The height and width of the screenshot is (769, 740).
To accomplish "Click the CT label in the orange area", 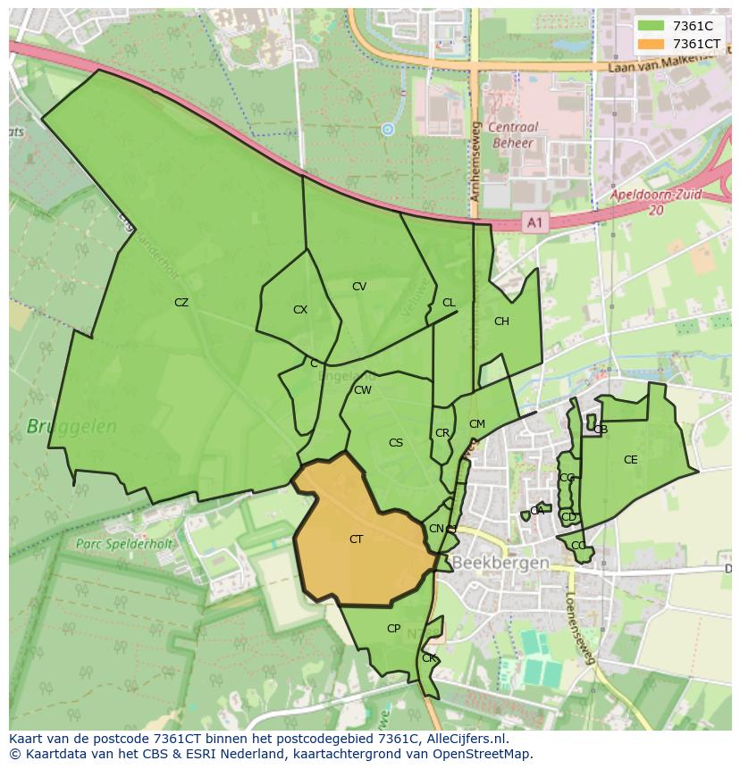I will click(x=356, y=539).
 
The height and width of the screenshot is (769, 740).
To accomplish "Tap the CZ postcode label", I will click(x=181, y=303).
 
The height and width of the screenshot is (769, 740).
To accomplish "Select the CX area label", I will click(x=300, y=310).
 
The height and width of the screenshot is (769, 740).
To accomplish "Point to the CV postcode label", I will click(x=359, y=287).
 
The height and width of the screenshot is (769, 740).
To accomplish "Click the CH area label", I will click(x=501, y=322).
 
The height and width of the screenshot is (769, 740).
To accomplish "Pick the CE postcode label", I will click(x=631, y=460).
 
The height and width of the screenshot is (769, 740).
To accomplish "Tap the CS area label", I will click(x=396, y=443).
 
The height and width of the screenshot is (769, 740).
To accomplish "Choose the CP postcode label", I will click(x=393, y=629).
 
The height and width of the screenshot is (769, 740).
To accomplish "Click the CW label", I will click(x=363, y=390).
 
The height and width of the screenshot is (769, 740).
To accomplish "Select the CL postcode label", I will click(x=449, y=303).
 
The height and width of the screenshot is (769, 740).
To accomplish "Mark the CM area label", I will click(x=477, y=424).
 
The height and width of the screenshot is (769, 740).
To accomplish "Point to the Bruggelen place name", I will click(x=71, y=427).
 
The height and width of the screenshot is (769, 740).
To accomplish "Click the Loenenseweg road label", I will click(x=579, y=629).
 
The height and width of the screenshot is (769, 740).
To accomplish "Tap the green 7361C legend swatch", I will click(x=652, y=26).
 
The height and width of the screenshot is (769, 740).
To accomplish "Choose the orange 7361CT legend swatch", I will click(x=652, y=44).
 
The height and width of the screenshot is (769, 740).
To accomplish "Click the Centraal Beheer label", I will click(x=512, y=135).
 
